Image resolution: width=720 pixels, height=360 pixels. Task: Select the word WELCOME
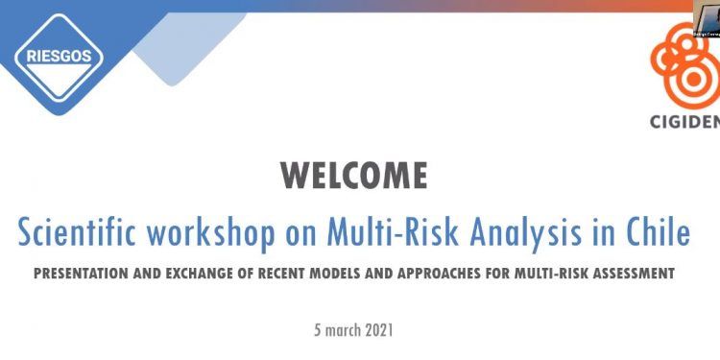(x=354, y=177)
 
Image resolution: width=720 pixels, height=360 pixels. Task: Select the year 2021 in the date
(x=376, y=329)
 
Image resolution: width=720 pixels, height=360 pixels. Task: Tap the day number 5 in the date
(x=318, y=329)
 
